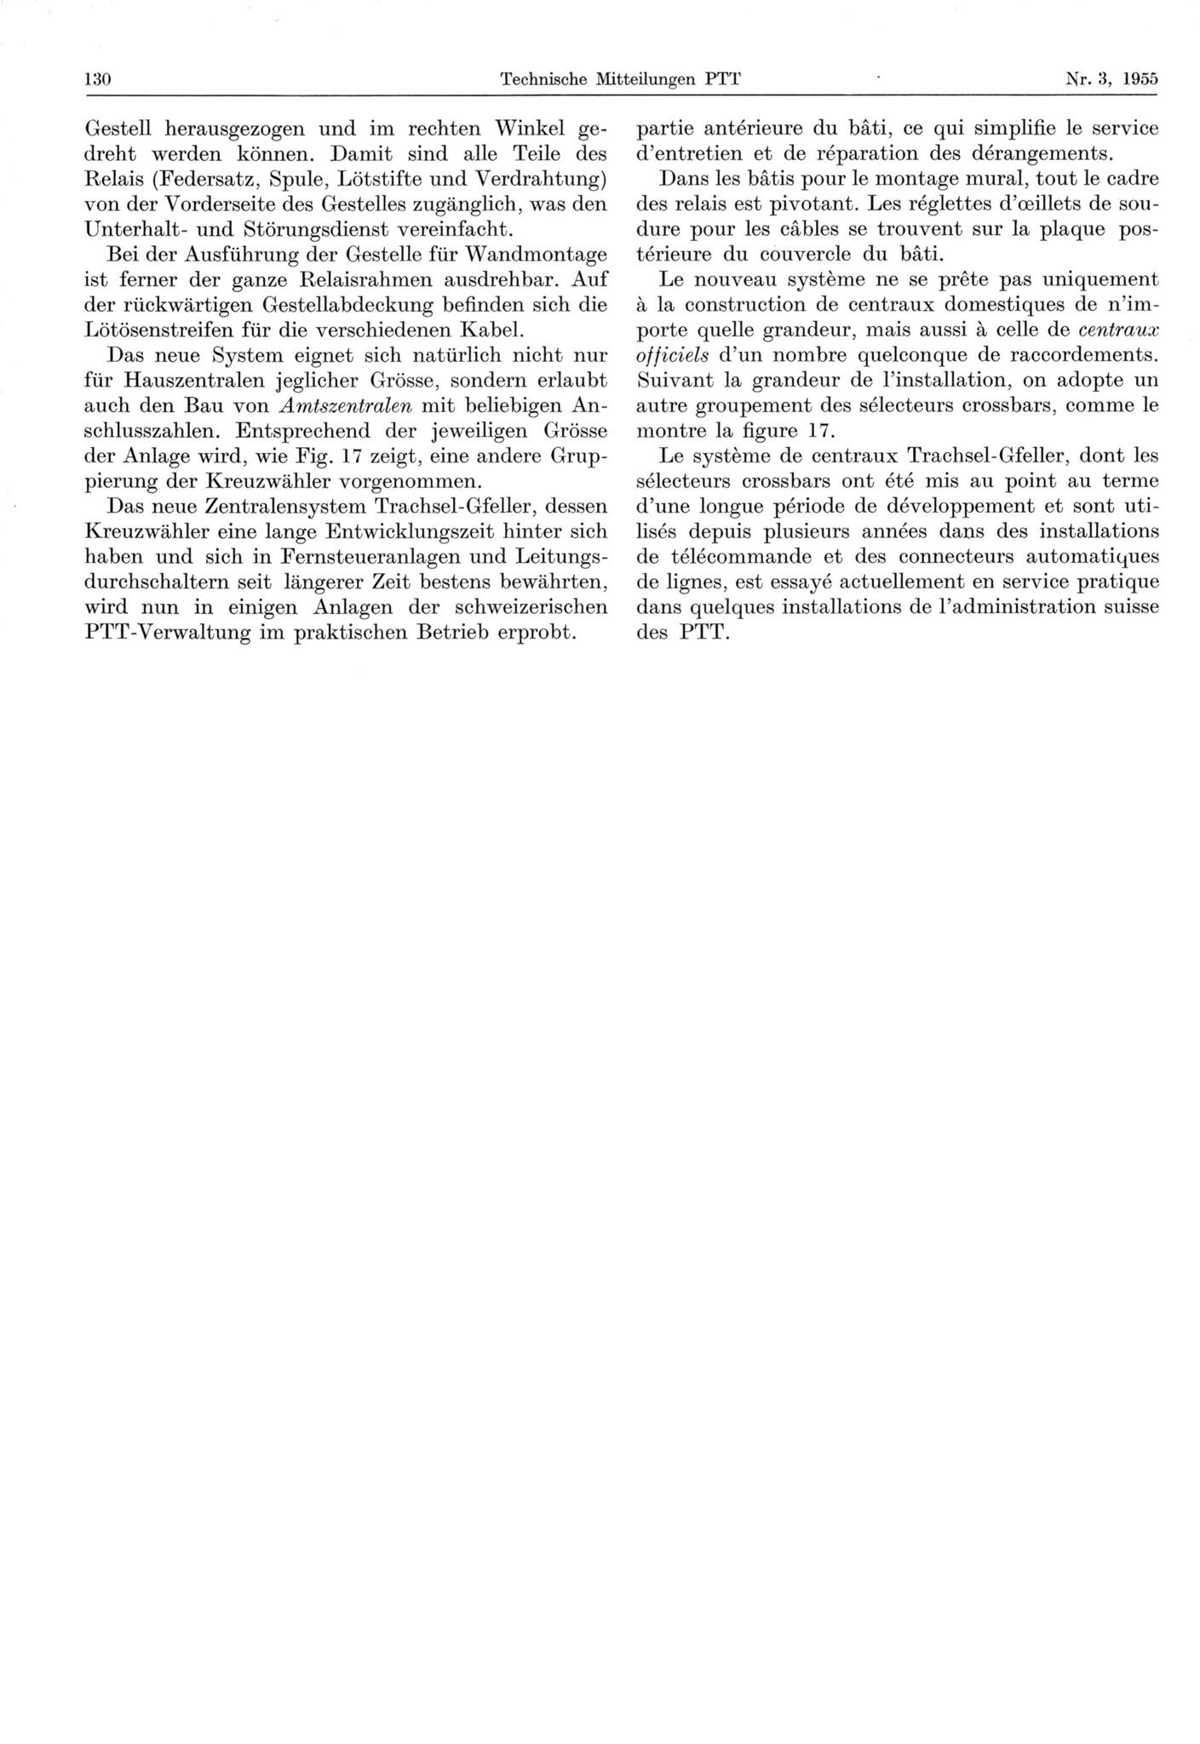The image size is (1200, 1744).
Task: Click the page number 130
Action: click(x=99, y=80)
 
